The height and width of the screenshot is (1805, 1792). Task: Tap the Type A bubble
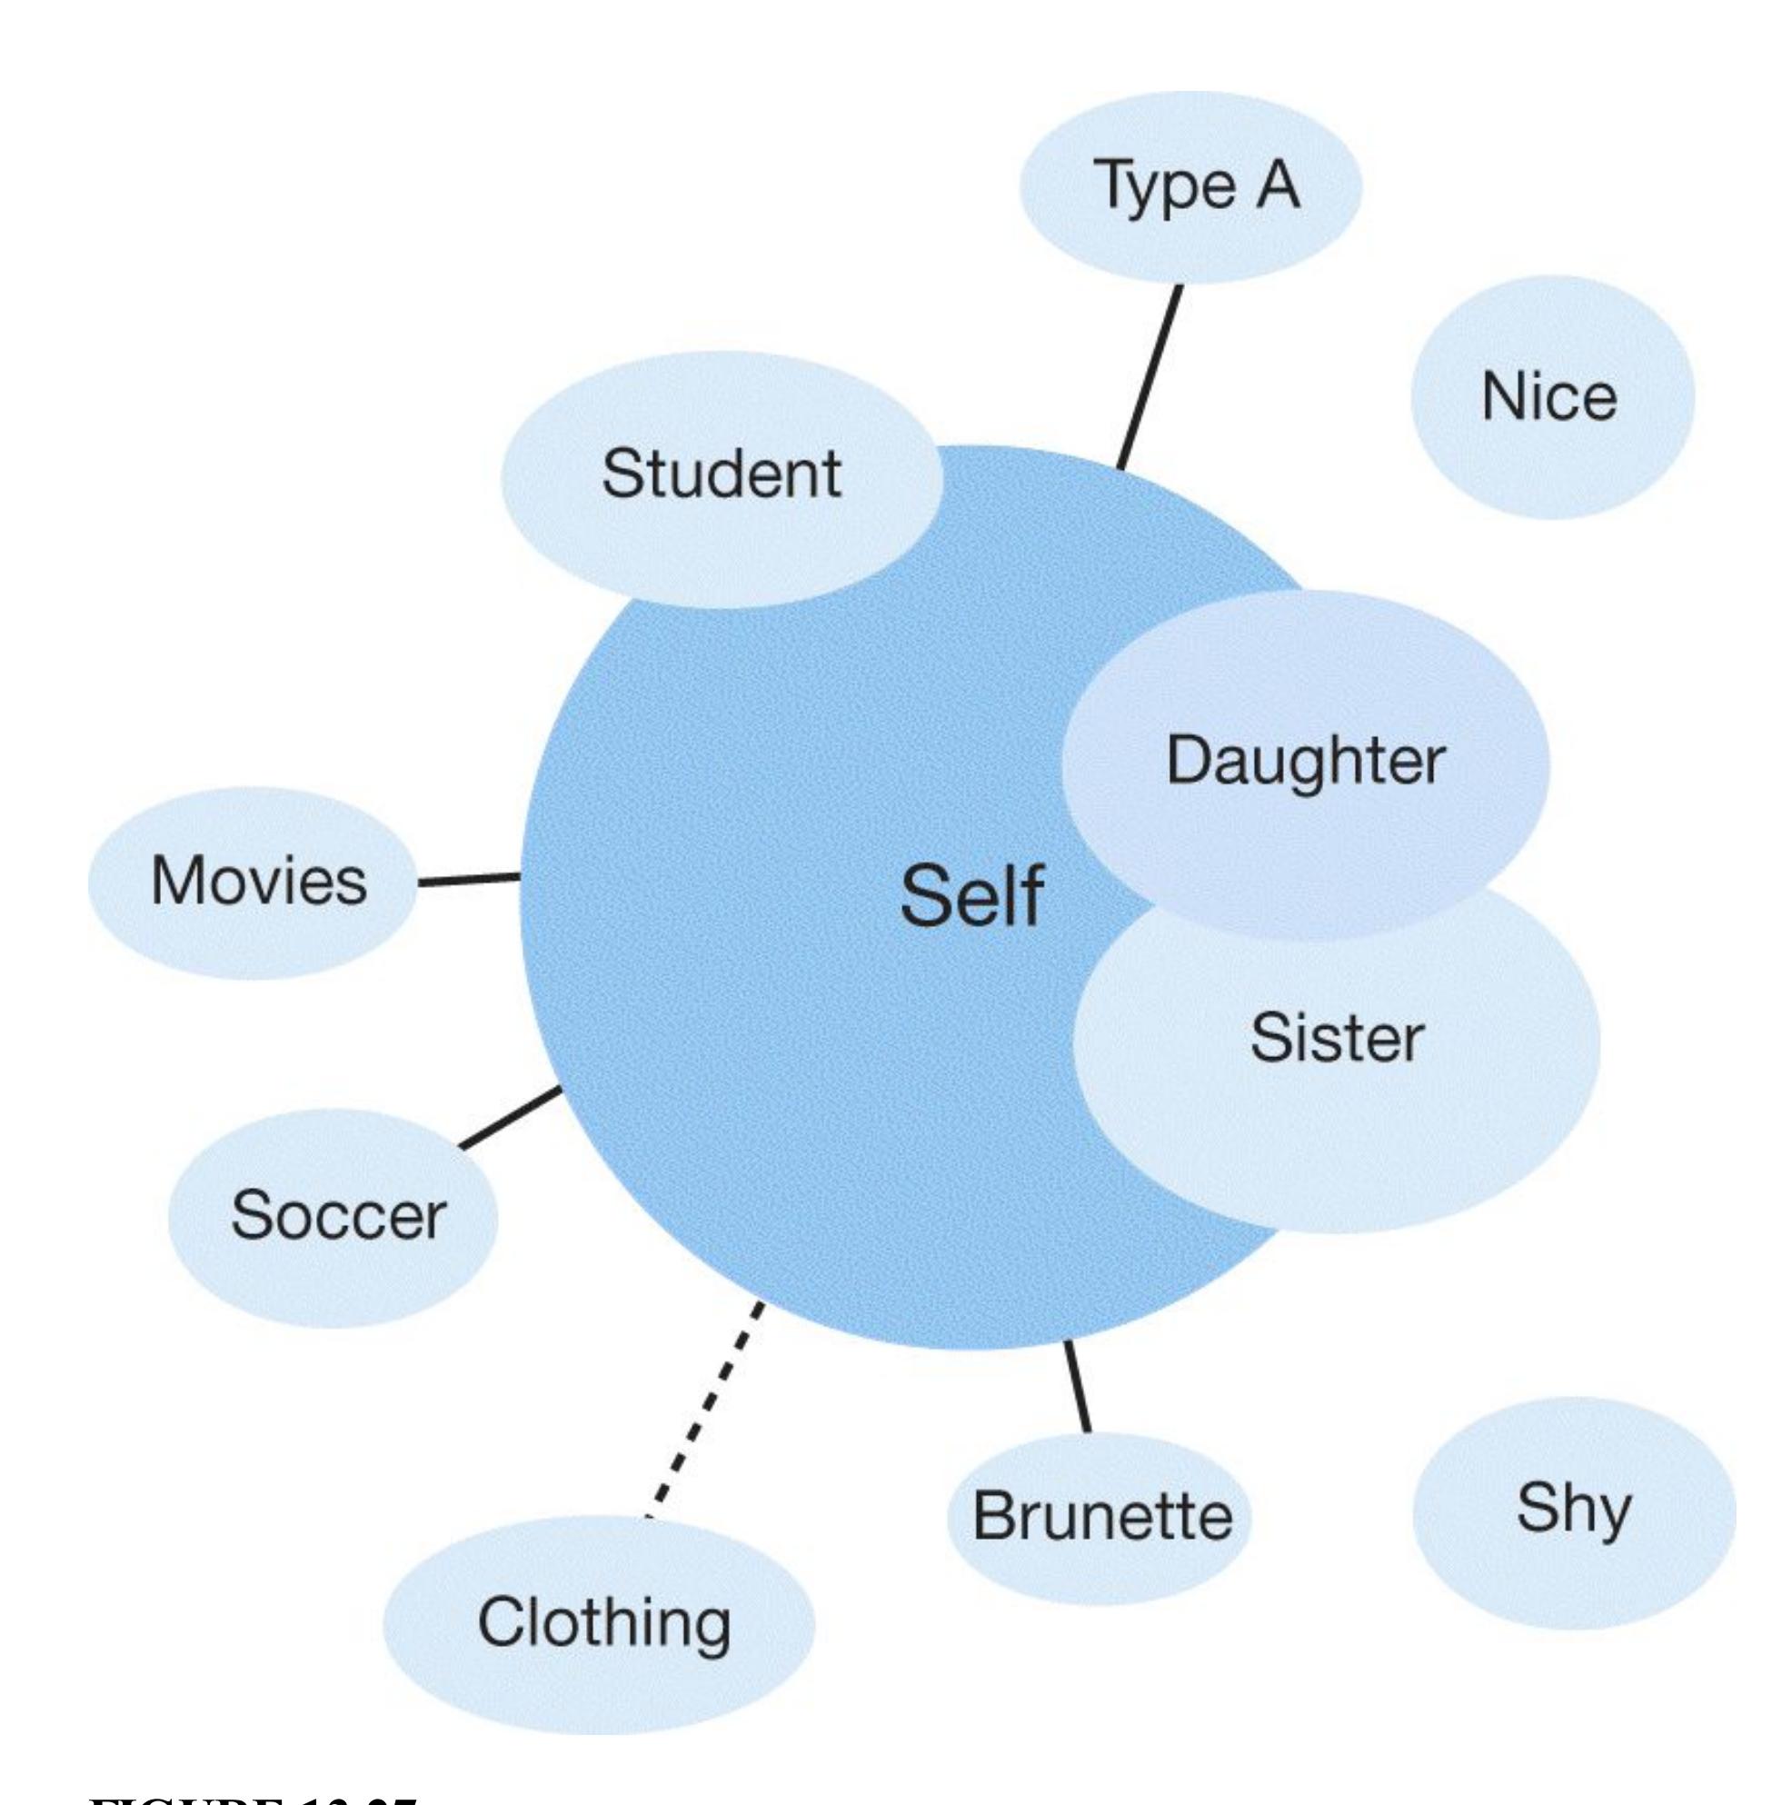pos(1190,187)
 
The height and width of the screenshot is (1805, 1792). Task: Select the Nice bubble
pos(1551,397)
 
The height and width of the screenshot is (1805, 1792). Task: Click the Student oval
pos(722,476)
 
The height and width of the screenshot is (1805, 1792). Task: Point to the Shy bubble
pos(1573,1511)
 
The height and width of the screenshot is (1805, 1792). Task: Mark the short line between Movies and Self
pos(468,879)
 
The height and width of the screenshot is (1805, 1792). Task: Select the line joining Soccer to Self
pos(510,1117)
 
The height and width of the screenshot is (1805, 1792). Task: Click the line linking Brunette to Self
pos(1077,1388)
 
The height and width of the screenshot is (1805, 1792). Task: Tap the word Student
pos(722,474)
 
